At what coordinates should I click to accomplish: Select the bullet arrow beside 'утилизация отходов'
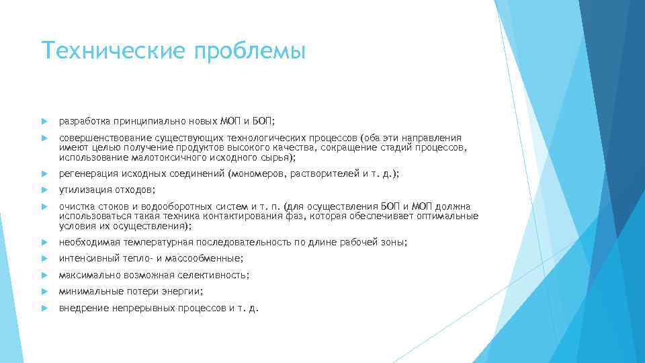[44, 190]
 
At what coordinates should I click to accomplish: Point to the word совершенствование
[105, 138]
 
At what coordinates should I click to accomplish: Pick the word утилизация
[83, 190]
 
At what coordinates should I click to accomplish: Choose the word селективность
[214, 276]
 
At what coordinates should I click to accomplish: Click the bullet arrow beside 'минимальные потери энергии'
[44, 292]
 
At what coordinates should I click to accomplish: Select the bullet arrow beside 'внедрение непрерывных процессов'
[44, 309]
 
